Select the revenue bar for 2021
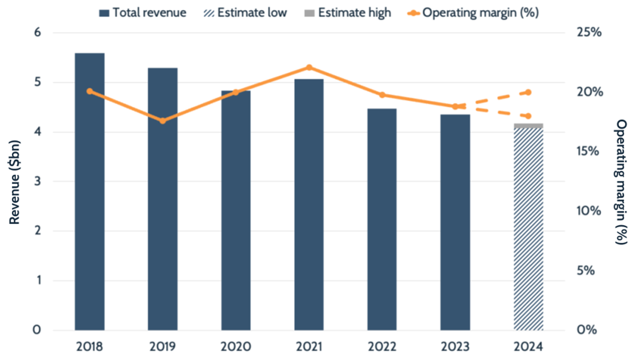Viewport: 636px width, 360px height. point(309,205)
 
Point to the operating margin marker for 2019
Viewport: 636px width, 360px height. point(163,121)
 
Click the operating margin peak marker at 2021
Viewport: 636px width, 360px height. point(309,67)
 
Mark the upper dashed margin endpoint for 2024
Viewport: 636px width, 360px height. point(528,92)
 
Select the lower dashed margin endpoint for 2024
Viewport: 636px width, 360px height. point(528,116)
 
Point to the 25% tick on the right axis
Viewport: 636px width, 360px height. point(588,33)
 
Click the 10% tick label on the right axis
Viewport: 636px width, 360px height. point(588,211)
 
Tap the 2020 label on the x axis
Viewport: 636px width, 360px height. point(236,347)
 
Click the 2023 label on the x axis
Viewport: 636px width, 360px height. point(455,347)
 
